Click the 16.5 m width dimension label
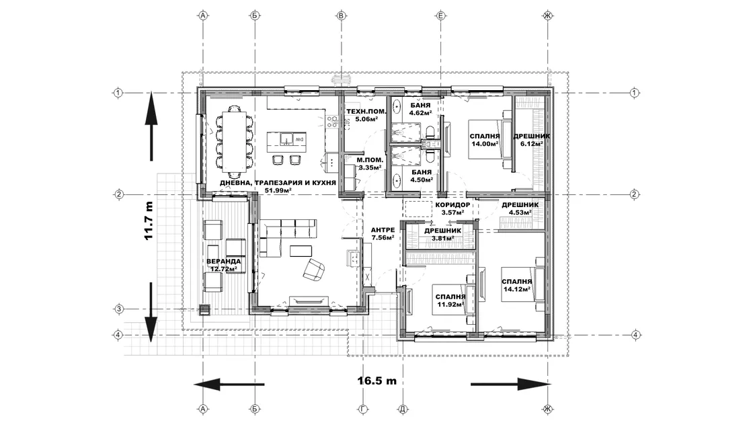pyautogui.click(x=377, y=381)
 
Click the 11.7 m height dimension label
pyautogui.click(x=149, y=221)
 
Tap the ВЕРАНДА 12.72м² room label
pyautogui.click(x=224, y=265)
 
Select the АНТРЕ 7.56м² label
pyautogui.click(x=383, y=233)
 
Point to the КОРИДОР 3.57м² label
pyautogui.click(x=453, y=208)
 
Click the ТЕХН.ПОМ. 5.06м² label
pyautogui.click(x=366, y=115)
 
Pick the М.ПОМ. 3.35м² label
pyautogui.click(x=370, y=164)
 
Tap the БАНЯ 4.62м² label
pyautogui.click(x=421, y=109)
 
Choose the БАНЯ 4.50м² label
pyautogui.click(x=422, y=176)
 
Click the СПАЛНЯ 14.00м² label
pyautogui.click(x=485, y=140)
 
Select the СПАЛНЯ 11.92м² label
pyautogui.click(x=450, y=301)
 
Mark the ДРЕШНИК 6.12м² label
pyautogui.click(x=532, y=140)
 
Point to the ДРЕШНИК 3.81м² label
pyautogui.click(x=443, y=234)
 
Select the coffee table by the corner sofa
pyautogui.click(x=301, y=251)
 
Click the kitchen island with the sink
pyautogui.click(x=286, y=139)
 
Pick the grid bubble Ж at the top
pyautogui.click(x=548, y=16)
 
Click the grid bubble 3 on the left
pyautogui.click(x=119, y=309)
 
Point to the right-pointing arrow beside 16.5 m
pyautogui.click(x=510, y=384)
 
